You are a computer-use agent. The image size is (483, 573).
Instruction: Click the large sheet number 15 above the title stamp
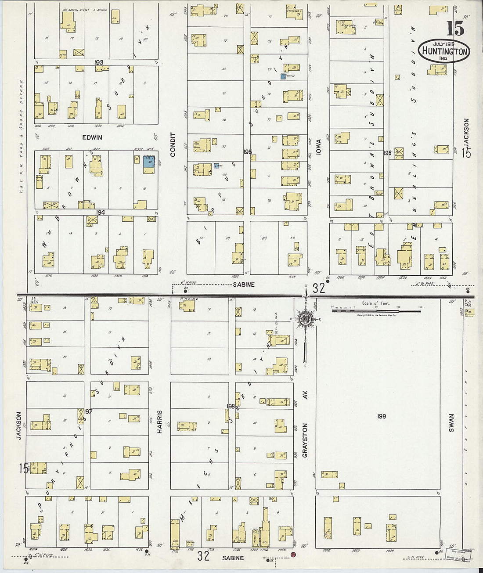click(455, 29)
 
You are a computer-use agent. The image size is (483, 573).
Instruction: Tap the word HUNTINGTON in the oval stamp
click(444, 51)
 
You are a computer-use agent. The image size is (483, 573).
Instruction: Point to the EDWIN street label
click(92, 137)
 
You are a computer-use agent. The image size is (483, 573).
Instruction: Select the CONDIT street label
click(173, 144)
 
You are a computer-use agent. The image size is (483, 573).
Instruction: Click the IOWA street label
click(318, 147)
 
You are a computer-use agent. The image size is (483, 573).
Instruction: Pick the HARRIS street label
click(160, 422)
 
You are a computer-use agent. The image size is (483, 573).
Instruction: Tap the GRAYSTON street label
click(305, 440)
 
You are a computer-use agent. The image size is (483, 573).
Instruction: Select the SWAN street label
click(451, 423)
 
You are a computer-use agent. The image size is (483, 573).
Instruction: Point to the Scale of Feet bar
click(376, 311)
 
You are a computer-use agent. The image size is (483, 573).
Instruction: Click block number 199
click(381, 416)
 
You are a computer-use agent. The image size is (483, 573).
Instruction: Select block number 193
click(99, 62)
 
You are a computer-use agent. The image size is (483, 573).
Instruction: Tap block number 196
click(387, 153)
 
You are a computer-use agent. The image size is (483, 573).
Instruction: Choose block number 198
click(231, 406)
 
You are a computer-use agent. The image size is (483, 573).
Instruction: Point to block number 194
click(101, 212)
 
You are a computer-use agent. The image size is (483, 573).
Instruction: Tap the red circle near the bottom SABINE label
click(293, 555)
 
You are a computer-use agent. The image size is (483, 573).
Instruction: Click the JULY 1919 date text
click(444, 44)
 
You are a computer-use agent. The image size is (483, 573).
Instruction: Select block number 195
click(248, 152)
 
